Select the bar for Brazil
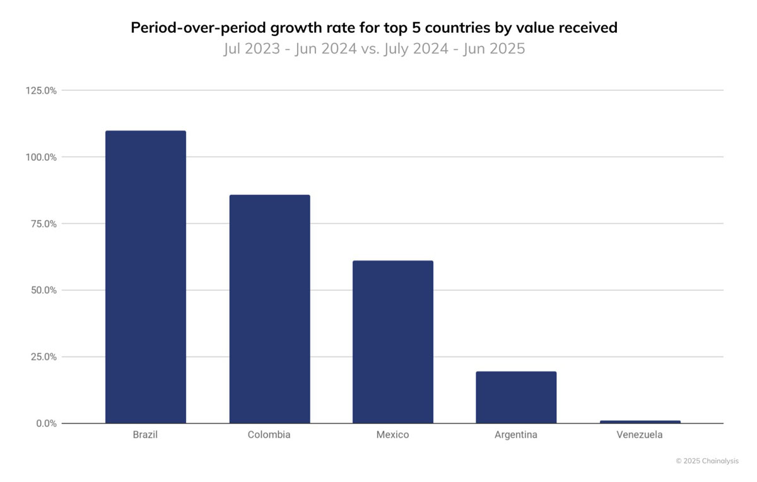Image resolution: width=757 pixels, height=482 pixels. pyautogui.click(x=146, y=277)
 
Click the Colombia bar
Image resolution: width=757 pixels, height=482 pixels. pyautogui.click(x=270, y=309)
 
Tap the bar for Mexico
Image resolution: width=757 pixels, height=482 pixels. pyautogui.click(x=393, y=342)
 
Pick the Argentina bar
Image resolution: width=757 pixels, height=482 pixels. pyautogui.click(x=517, y=397)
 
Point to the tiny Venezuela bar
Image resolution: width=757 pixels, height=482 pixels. pyautogui.click(x=640, y=422)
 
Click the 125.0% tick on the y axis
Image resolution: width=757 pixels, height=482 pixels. pyautogui.click(x=41, y=91)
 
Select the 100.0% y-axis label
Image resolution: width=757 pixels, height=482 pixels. pyautogui.click(x=41, y=157)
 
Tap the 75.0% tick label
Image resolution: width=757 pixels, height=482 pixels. pyautogui.click(x=44, y=224)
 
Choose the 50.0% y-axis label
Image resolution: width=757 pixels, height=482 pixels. pyautogui.click(x=44, y=290)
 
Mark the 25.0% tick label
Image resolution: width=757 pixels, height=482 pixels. pyautogui.click(x=44, y=357)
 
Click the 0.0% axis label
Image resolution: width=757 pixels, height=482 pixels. pyautogui.click(x=46, y=423)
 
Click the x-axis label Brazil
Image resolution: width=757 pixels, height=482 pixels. pyautogui.click(x=145, y=435)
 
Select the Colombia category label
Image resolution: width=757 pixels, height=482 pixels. pyautogui.click(x=269, y=435)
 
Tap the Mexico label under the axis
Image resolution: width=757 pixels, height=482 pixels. pyautogui.click(x=392, y=435)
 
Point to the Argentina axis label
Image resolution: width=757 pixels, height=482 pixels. pyautogui.click(x=516, y=435)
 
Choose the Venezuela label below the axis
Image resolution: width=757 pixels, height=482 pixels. pyautogui.click(x=640, y=435)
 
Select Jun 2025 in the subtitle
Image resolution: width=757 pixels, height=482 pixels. pyautogui.click(x=494, y=49)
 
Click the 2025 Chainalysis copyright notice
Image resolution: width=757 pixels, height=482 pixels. pyautogui.click(x=707, y=461)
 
